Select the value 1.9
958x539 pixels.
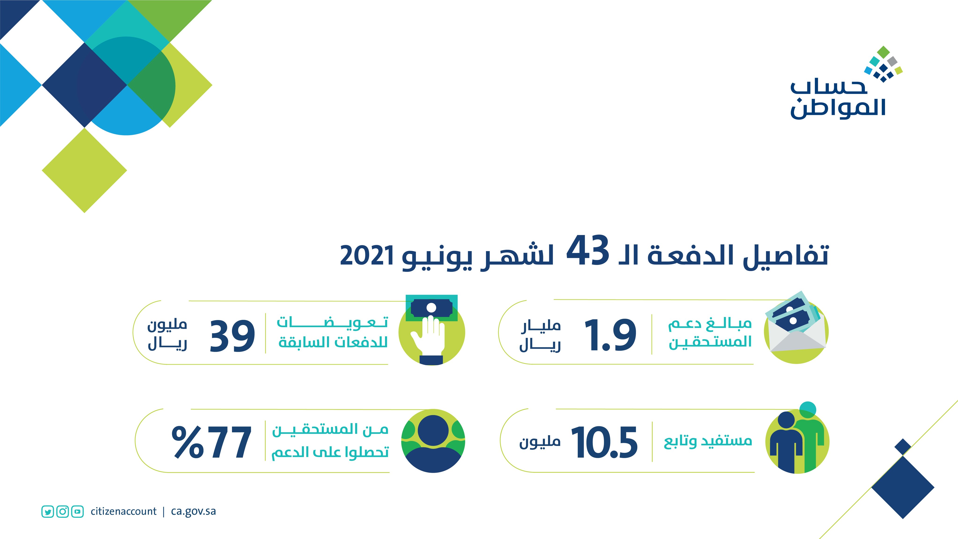(610, 335)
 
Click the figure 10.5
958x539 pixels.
(604, 442)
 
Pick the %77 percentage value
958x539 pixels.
(211, 442)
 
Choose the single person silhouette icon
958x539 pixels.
(433, 441)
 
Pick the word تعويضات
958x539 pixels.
(332, 322)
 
